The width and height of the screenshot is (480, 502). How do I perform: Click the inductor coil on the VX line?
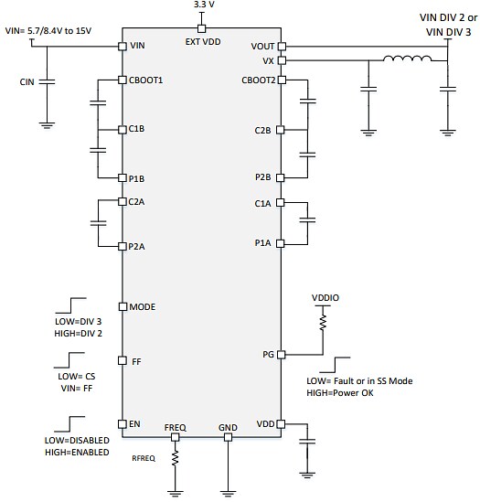coord(407,62)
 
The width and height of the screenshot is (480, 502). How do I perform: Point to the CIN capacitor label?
coord(27,81)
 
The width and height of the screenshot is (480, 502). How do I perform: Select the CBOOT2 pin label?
coord(258,80)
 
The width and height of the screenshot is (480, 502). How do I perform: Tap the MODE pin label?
coord(144,306)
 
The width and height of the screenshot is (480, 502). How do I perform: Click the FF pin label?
coord(136,362)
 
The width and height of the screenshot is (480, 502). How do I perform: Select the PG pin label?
coord(267,354)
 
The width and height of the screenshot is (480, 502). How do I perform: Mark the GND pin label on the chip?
coord(227,427)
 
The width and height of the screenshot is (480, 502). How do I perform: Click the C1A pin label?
coord(264,203)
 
